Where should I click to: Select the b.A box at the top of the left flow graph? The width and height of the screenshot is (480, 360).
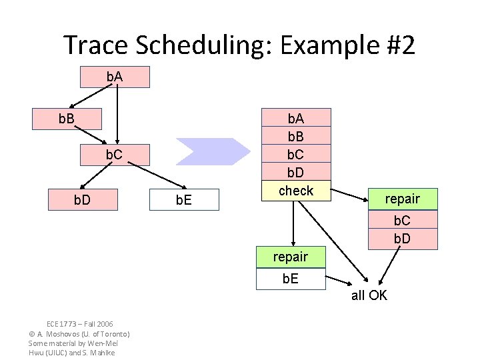click(x=115, y=77)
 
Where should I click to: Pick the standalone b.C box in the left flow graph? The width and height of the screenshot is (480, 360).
click(x=115, y=155)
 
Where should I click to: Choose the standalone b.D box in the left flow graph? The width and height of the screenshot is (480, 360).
click(x=82, y=199)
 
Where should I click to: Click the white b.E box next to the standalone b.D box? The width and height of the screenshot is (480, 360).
click(x=183, y=199)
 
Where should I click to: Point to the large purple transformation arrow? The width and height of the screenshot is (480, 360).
click(x=213, y=151)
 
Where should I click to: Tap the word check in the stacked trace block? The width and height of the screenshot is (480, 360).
click(x=295, y=191)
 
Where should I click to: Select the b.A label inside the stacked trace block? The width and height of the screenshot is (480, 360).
click(x=295, y=119)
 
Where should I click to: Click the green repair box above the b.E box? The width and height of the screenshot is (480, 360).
click(x=291, y=257)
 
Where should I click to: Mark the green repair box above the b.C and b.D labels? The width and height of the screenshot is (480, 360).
click(x=402, y=199)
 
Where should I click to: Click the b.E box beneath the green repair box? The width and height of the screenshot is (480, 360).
click(x=291, y=279)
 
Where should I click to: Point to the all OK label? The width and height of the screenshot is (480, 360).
click(x=369, y=295)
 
